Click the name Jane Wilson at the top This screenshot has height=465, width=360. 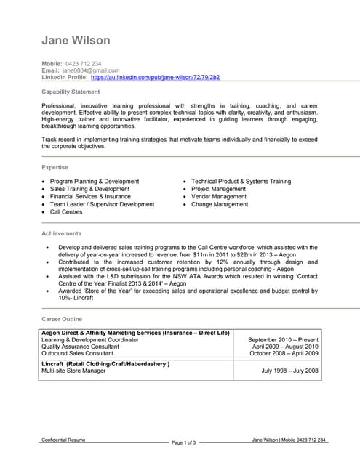coord(76,40)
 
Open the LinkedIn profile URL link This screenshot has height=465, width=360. coord(155,77)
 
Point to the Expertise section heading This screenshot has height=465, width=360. coord(55,167)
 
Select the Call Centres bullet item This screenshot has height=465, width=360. coord(66,212)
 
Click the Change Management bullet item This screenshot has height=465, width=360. coord(220,205)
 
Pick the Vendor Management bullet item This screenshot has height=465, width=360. coord(219,197)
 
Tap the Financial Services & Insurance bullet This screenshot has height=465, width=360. coord(90,197)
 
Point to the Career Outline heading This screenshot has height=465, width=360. coord(62,319)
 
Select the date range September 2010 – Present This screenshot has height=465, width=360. coord(283,339)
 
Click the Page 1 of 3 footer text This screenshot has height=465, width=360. coord(184,442)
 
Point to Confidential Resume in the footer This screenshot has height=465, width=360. coord(63,440)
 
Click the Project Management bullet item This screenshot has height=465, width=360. coord(219,189)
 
